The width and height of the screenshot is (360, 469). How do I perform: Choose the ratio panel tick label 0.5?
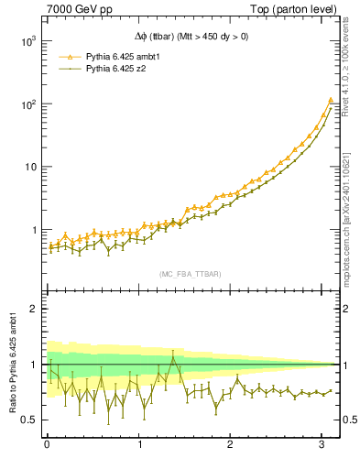(x=28, y=420)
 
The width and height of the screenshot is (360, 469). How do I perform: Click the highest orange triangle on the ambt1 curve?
(x=330, y=101)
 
